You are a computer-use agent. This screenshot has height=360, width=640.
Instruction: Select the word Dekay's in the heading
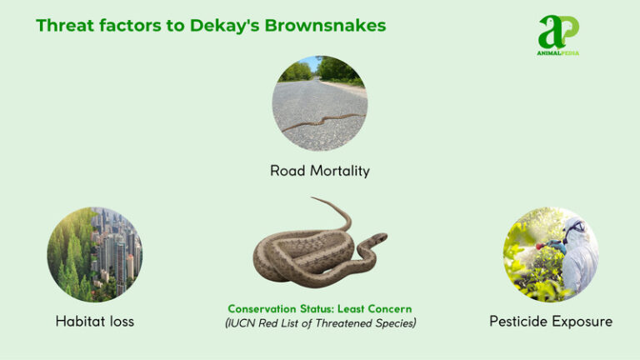click(x=230, y=25)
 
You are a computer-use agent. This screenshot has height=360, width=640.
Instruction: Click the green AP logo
click(x=557, y=32)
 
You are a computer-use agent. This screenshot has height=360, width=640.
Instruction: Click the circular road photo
click(x=319, y=102)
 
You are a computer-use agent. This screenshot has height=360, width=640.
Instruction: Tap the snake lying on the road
click(x=321, y=122)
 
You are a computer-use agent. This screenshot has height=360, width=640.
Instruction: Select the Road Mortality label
click(x=319, y=171)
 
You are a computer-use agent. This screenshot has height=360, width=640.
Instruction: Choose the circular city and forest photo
click(x=94, y=254)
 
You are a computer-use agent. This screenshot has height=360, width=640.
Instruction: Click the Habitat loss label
click(x=94, y=321)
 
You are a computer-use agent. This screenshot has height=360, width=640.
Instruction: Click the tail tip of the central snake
click(x=313, y=199)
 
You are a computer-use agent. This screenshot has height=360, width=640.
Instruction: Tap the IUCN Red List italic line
click(x=319, y=323)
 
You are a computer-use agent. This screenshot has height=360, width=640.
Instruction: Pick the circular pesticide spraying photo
click(x=551, y=254)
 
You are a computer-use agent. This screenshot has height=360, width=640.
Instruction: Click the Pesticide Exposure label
click(x=551, y=321)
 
